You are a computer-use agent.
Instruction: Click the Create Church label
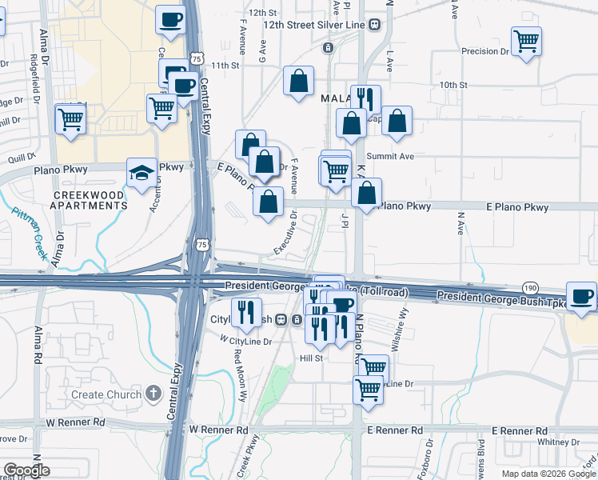(98, 394)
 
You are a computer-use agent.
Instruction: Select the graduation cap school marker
(142, 174)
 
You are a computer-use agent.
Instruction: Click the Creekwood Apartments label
(89, 200)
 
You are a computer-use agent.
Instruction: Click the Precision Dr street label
(485, 51)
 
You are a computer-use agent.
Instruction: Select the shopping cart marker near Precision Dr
(525, 41)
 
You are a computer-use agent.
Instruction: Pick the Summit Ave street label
(390, 156)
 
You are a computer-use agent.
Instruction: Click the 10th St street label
(452, 84)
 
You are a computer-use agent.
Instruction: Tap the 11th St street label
(225, 65)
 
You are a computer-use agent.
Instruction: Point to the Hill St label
(310, 358)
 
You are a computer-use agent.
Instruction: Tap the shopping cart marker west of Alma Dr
(70, 120)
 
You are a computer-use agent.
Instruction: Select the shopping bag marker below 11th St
(298, 81)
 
